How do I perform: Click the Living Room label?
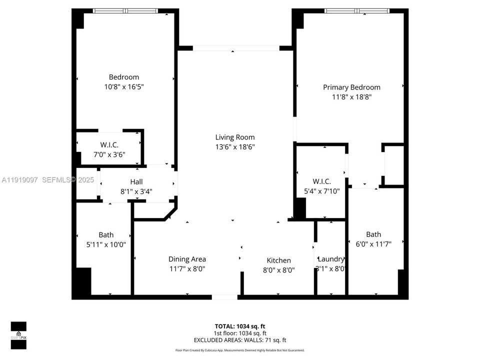point(234,137)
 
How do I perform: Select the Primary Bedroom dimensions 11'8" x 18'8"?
point(351,97)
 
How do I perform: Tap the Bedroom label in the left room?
point(124,77)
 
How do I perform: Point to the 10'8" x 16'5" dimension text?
point(124,86)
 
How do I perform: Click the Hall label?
point(136,181)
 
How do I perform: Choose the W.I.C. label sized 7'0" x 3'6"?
point(109,145)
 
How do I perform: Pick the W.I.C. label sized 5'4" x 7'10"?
point(322,181)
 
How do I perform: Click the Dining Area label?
point(187,259)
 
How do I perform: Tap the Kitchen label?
point(278,260)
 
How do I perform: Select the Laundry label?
point(331,259)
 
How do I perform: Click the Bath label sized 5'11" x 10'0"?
point(106,234)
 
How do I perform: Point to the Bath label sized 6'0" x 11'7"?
point(373,234)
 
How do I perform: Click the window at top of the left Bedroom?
point(125,10)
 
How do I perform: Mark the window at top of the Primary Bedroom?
point(357,10)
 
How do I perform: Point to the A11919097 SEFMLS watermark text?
point(47,179)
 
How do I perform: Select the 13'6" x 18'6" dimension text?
point(234,147)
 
